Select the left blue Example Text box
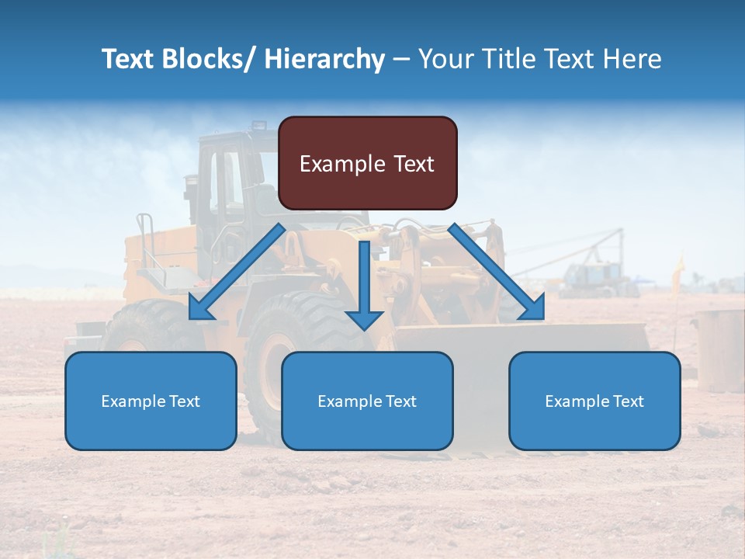151,401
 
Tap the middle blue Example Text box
367,401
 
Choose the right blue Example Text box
594,401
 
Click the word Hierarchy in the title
324,59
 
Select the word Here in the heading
633,59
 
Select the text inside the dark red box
367,164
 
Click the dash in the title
401,59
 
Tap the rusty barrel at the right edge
720,349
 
